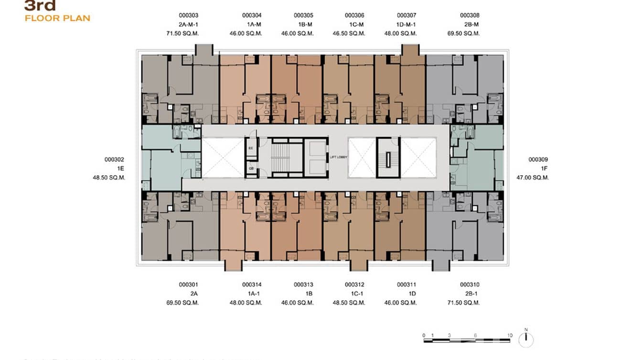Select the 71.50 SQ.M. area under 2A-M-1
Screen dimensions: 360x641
click(x=182, y=33)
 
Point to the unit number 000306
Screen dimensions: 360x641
click(x=354, y=15)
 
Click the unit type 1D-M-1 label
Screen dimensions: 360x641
click(x=406, y=24)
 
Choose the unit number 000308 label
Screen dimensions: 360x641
click(x=470, y=15)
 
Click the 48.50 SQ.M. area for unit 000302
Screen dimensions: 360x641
click(x=109, y=178)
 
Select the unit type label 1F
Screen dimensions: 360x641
click(x=544, y=169)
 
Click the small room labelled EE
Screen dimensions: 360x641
click(x=251, y=148)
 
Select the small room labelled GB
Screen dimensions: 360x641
click(x=251, y=169)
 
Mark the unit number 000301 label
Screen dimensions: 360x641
click(x=189, y=285)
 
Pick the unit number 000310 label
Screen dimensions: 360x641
click(x=470, y=285)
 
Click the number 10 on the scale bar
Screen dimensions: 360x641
click(x=510, y=335)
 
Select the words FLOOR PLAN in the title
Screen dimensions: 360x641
click(x=57, y=18)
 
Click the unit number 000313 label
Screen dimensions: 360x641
click(x=303, y=285)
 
